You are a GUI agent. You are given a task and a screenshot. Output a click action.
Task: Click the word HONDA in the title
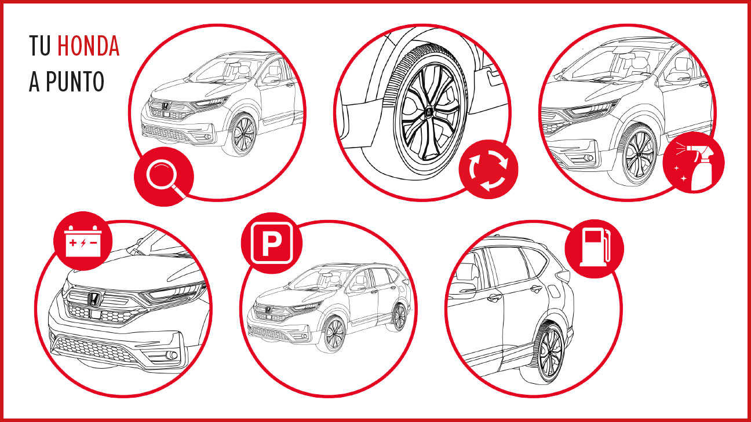click(x=88, y=46)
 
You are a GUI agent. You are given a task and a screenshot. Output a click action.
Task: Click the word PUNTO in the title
click(x=75, y=82)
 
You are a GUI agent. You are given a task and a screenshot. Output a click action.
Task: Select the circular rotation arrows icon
click(x=488, y=170)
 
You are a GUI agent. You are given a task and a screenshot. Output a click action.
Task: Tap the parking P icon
click(x=272, y=243)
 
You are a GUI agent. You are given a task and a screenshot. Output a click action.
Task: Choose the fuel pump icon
click(x=595, y=248)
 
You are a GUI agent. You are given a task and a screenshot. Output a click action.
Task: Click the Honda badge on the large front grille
click(x=95, y=299)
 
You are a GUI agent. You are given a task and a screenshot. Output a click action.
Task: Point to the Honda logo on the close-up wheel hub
click(x=428, y=112)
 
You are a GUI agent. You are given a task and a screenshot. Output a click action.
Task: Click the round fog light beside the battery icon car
click(x=172, y=355)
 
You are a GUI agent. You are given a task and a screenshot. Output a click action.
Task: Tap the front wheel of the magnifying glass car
click(x=242, y=135)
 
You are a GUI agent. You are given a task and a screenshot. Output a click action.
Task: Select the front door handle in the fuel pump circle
click(x=494, y=298)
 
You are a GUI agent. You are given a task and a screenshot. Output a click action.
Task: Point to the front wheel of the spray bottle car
click(x=637, y=155)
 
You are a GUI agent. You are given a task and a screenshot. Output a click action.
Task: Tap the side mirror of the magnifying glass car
click(x=271, y=80)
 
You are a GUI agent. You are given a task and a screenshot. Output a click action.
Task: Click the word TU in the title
click(x=40, y=46)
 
